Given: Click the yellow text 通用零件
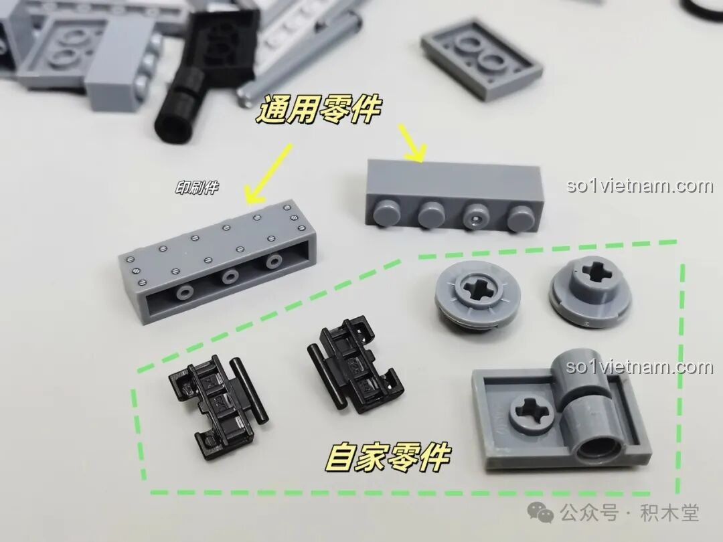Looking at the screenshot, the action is click(x=318, y=109).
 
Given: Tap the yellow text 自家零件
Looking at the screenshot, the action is click(x=387, y=457).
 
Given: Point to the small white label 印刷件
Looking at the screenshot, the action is click(x=197, y=187).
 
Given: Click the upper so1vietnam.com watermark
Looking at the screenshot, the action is click(x=640, y=186).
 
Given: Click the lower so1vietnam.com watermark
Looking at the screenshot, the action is click(x=640, y=367).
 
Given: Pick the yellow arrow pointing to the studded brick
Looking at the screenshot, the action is click(x=412, y=143).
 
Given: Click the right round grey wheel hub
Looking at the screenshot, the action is click(x=589, y=290).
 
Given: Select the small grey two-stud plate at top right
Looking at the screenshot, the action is click(x=481, y=58).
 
